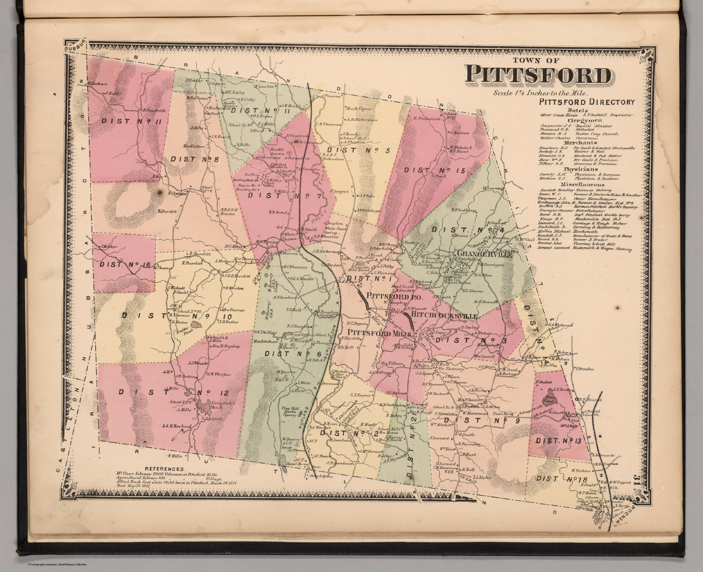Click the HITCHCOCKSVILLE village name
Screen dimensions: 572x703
point(444,316)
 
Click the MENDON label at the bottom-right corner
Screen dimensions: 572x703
point(623,517)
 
